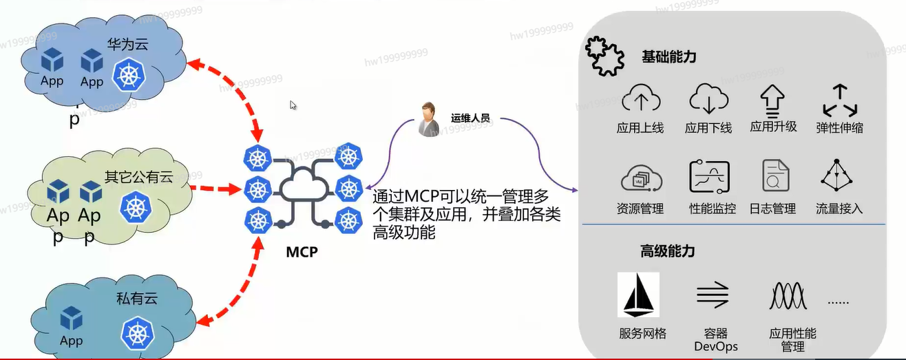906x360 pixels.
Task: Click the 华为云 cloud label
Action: pyautogui.click(x=127, y=45)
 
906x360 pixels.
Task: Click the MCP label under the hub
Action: pyautogui.click(x=302, y=251)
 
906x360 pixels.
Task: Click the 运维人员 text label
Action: pyautogui.click(x=470, y=118)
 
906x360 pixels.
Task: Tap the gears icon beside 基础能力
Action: pyautogui.click(x=604, y=56)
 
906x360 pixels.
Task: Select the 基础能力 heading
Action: pyautogui.click(x=668, y=56)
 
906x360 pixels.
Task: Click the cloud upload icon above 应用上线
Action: pyautogui.click(x=641, y=100)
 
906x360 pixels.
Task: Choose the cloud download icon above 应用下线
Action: pyautogui.click(x=708, y=100)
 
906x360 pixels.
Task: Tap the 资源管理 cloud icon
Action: pyautogui.click(x=641, y=178)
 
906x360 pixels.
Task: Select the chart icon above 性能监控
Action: pyautogui.click(x=709, y=177)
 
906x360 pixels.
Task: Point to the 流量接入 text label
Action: pyautogui.click(x=839, y=208)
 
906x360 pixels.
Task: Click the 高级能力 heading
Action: pyautogui.click(x=667, y=251)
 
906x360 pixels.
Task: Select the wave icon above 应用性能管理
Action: pyautogui.click(x=792, y=295)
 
